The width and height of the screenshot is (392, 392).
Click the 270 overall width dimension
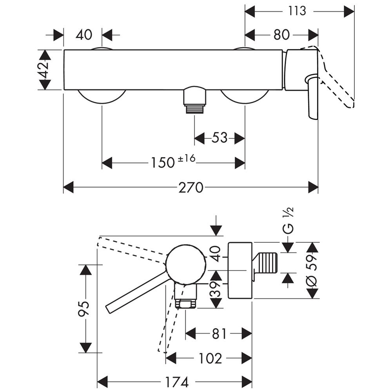pyautogui.click(x=191, y=188)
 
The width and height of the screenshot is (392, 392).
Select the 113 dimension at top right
pyautogui.click(x=297, y=11)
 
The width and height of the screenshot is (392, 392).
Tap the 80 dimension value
pyautogui.click(x=281, y=34)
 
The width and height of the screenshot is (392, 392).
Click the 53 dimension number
pyautogui.click(x=220, y=138)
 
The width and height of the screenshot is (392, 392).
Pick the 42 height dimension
pyautogui.click(x=45, y=70)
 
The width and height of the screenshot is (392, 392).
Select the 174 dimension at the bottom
pyautogui.click(x=177, y=381)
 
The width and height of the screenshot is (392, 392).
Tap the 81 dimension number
pyautogui.click(x=219, y=334)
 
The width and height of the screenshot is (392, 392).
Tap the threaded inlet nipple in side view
pyautogui.click(x=267, y=264)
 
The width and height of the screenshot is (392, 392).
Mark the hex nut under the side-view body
pyautogui.click(x=186, y=304)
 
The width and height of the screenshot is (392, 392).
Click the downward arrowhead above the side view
pyautogui.click(x=216, y=230)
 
